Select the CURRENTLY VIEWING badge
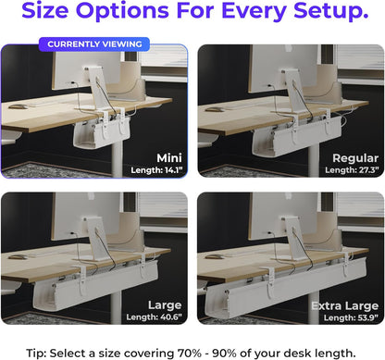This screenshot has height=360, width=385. point(95,43)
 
